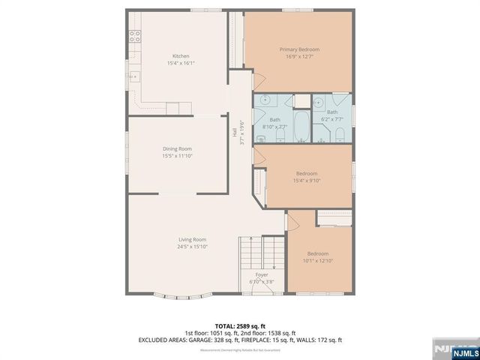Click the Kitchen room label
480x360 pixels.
click(x=181, y=56)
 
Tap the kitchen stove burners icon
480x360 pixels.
click(x=136, y=34)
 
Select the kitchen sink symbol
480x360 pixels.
click(x=134, y=76)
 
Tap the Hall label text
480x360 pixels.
click(x=234, y=129)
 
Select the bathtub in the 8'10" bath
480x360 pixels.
click(x=300, y=127)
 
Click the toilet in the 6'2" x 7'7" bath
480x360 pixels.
click(x=340, y=133)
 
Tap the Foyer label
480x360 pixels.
click(x=262, y=274)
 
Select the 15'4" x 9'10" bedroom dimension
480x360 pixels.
click(x=307, y=181)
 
